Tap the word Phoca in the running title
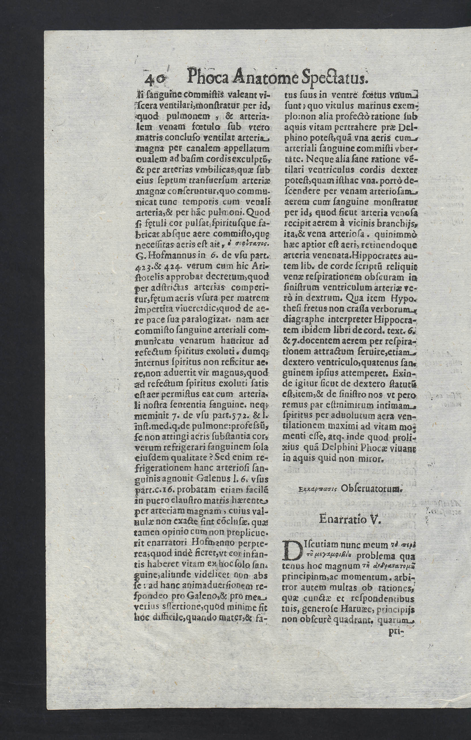click(208, 77)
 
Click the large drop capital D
click(292, 552)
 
